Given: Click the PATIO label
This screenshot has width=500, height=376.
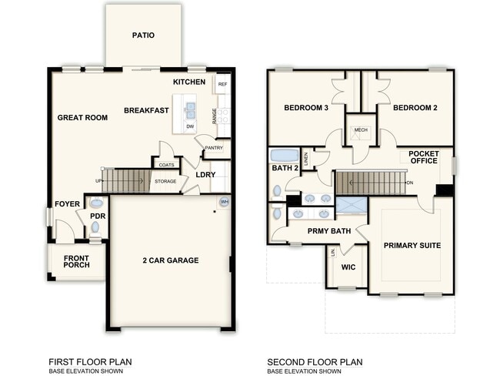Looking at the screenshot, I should (143, 35).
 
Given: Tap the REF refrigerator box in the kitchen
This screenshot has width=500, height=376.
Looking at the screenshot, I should (222, 84).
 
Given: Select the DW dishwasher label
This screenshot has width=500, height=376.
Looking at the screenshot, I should (190, 126).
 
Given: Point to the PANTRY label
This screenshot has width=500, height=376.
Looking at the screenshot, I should (214, 148).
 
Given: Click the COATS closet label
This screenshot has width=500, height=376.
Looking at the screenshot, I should (166, 164).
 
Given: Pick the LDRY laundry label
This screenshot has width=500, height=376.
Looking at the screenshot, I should (205, 174).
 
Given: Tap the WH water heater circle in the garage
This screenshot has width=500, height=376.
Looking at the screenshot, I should (225, 202).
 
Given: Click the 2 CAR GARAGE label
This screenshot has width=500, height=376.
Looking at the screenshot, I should (172, 260).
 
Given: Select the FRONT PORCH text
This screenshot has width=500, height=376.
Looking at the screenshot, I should (76, 261).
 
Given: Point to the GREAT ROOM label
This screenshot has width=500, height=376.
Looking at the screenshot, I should (82, 117).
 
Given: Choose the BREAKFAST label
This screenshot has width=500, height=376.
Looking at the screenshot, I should (146, 110).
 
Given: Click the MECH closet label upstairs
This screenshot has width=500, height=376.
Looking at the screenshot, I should (360, 130).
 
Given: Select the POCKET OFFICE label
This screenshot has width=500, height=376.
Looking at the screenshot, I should (424, 157).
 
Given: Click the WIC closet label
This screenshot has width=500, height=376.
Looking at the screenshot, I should (348, 268).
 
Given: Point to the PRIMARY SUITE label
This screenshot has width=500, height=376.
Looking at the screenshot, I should (412, 245).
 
